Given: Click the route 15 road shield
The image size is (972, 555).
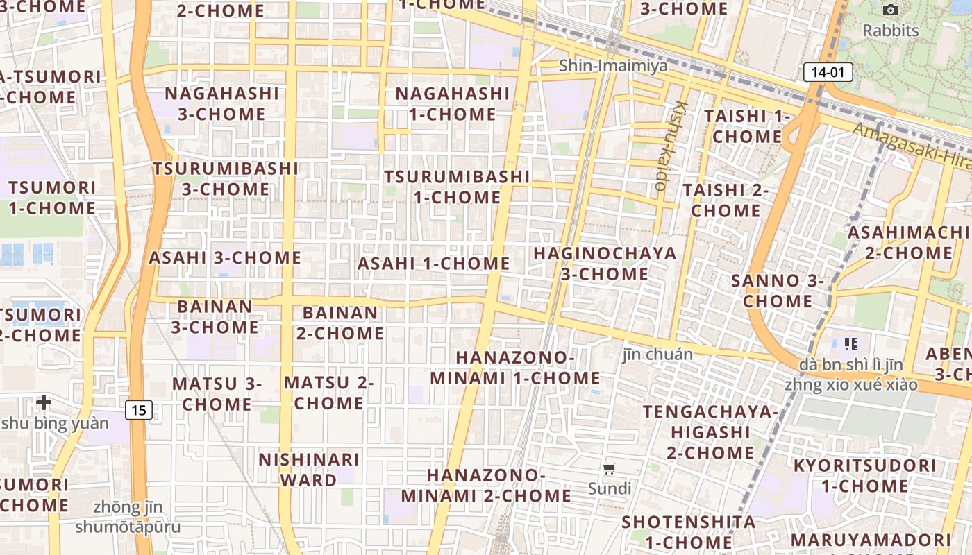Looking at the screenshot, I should pos(139,410).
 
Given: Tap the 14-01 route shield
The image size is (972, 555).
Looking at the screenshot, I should pos(828,72).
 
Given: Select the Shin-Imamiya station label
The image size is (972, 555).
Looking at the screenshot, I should pos(613,66).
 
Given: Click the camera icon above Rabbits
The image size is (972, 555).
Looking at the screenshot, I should pos(890,10).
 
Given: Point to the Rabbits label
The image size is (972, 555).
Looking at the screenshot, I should pos(890,31).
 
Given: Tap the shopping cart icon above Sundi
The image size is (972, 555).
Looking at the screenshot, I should pos(610,468).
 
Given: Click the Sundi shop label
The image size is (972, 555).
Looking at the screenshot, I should pos(610,488).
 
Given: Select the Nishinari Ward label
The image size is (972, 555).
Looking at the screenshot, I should pos(309,469).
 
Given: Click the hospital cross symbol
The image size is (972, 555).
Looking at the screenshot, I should pos(44,402).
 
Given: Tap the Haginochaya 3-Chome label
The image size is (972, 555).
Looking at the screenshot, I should pos(604,263).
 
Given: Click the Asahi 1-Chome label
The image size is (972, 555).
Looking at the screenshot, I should pos(433,264).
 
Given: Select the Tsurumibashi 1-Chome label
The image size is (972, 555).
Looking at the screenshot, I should pos(457,187).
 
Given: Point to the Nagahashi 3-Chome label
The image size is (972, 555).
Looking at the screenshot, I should pos(222,103).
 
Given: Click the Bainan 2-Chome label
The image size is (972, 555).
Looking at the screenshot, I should pos(340,323).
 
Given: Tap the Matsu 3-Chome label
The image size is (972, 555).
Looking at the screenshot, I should pos(217,393).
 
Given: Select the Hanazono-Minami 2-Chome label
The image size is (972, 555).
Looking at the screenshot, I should pos(485,485).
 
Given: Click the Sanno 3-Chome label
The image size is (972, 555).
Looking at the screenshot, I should pos(778,291).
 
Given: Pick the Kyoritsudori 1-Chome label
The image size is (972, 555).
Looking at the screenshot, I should pos(864,475).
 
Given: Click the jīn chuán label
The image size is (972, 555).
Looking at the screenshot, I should pos(657,355).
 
